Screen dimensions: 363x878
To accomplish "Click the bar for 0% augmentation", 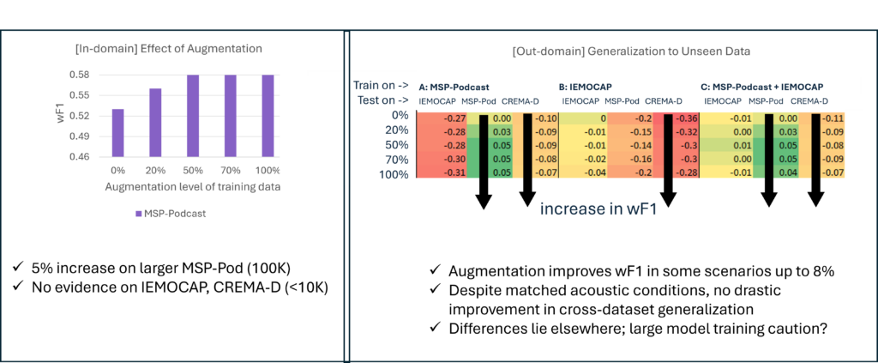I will click(117, 134).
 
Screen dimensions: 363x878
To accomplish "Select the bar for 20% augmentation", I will click(155, 124).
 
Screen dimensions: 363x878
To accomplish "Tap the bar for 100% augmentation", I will click(268, 117).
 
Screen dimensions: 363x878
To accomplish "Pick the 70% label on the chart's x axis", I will click(231, 171).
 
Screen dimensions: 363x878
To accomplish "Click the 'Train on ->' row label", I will click(380, 86).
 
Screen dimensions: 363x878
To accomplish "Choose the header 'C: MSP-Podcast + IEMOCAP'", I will click(762, 87).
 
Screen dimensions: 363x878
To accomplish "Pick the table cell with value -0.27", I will click(454, 117).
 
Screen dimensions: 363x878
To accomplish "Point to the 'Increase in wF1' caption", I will click(598, 209).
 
